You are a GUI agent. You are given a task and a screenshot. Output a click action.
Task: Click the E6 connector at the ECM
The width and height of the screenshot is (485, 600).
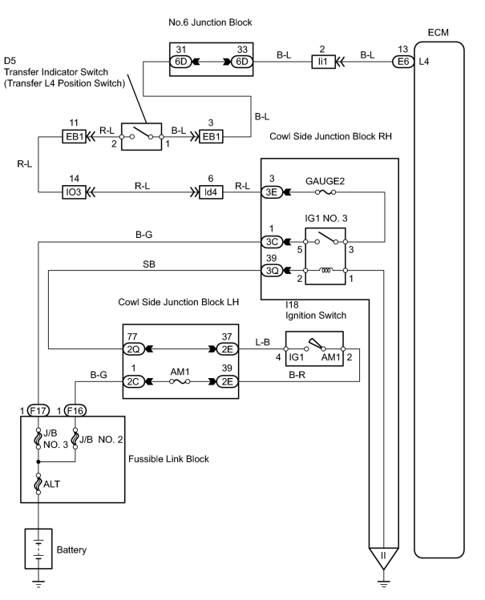point(403,62)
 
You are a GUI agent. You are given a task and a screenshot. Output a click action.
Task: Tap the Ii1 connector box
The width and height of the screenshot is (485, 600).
point(323,62)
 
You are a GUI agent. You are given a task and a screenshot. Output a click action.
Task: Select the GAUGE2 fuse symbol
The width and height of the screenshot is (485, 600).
point(325,192)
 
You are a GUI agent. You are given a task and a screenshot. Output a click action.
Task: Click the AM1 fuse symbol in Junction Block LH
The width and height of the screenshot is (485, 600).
point(180,381)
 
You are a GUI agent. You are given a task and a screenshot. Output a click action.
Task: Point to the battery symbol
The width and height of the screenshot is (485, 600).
point(38,549)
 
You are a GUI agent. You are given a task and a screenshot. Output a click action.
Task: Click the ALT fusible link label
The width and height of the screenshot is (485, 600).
point(51,484)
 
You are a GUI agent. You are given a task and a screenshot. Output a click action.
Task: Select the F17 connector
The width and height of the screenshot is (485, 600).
point(38,411)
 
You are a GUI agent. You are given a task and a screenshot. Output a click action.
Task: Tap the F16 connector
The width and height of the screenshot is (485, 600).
point(75,411)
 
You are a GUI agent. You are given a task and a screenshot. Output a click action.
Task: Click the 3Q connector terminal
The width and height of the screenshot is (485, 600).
point(272,271)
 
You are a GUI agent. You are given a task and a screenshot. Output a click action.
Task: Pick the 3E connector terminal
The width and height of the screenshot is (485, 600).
point(272,192)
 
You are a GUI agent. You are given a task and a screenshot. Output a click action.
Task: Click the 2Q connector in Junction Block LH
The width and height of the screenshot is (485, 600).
point(133,349)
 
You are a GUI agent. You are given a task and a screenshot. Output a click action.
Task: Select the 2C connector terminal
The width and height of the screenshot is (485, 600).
point(133,381)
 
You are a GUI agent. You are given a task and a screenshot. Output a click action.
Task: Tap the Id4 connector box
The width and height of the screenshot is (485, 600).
point(211,192)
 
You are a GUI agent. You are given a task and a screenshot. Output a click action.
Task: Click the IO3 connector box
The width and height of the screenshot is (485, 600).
point(74,192)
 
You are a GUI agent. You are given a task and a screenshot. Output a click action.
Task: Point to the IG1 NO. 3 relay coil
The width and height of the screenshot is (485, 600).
point(325,271)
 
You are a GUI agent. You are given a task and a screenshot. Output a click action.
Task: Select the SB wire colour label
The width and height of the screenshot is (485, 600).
point(149,264)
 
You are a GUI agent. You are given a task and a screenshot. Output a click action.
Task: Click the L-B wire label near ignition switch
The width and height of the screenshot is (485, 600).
point(263,342)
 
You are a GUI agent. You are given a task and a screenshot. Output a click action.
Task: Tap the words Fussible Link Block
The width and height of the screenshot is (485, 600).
point(168,459)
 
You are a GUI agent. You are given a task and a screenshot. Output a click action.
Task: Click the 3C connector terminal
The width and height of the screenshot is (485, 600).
point(272,242)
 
